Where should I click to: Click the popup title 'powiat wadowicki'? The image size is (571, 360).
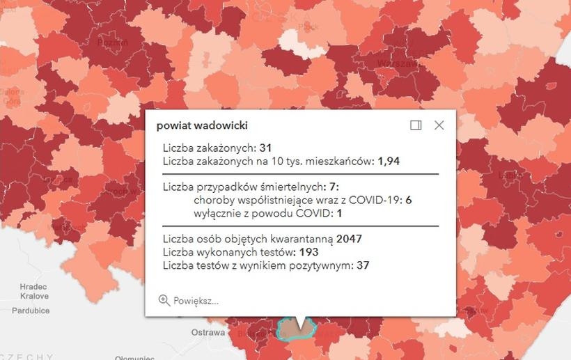click(x=202, y=125)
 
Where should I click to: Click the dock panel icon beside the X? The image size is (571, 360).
click(x=416, y=125)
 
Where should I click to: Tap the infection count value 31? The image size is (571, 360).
click(x=265, y=148)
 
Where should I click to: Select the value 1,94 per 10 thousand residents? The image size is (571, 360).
click(x=389, y=161)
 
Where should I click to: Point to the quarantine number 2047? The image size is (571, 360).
click(x=349, y=240)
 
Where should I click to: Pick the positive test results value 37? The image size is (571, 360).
click(x=362, y=265)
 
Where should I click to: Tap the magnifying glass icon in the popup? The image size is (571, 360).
click(x=164, y=300)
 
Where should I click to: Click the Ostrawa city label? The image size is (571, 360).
click(x=208, y=332)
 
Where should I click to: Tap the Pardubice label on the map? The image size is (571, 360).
click(x=31, y=310)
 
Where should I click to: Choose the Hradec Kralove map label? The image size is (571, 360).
click(x=33, y=291)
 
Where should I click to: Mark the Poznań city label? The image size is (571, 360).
click(x=114, y=42)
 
